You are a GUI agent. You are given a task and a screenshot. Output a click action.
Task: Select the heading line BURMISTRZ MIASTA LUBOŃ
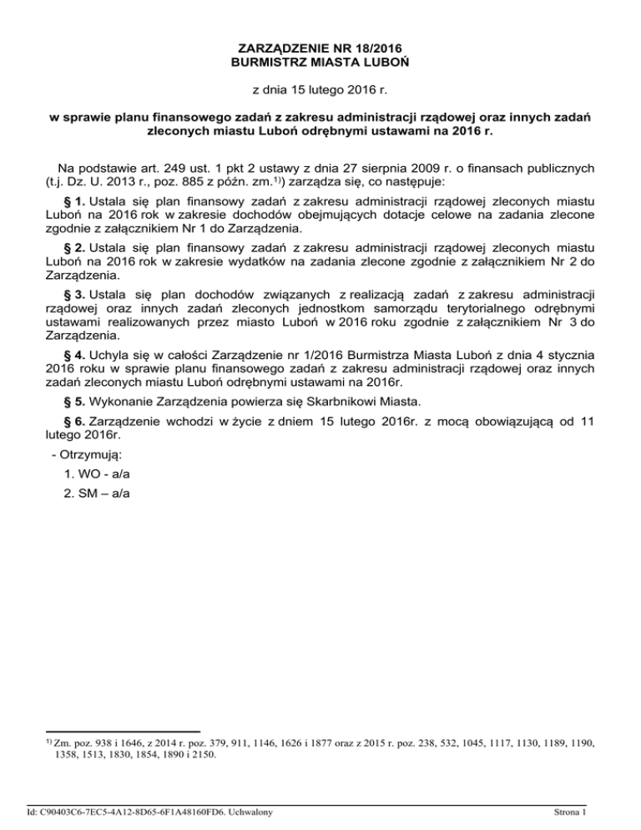click(x=320, y=61)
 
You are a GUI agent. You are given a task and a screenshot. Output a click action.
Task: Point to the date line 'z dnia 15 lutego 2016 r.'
click(x=320, y=88)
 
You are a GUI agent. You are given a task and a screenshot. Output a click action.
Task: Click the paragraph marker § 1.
click(x=70, y=201)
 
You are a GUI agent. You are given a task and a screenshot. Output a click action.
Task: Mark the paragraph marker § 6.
click(x=70, y=422)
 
